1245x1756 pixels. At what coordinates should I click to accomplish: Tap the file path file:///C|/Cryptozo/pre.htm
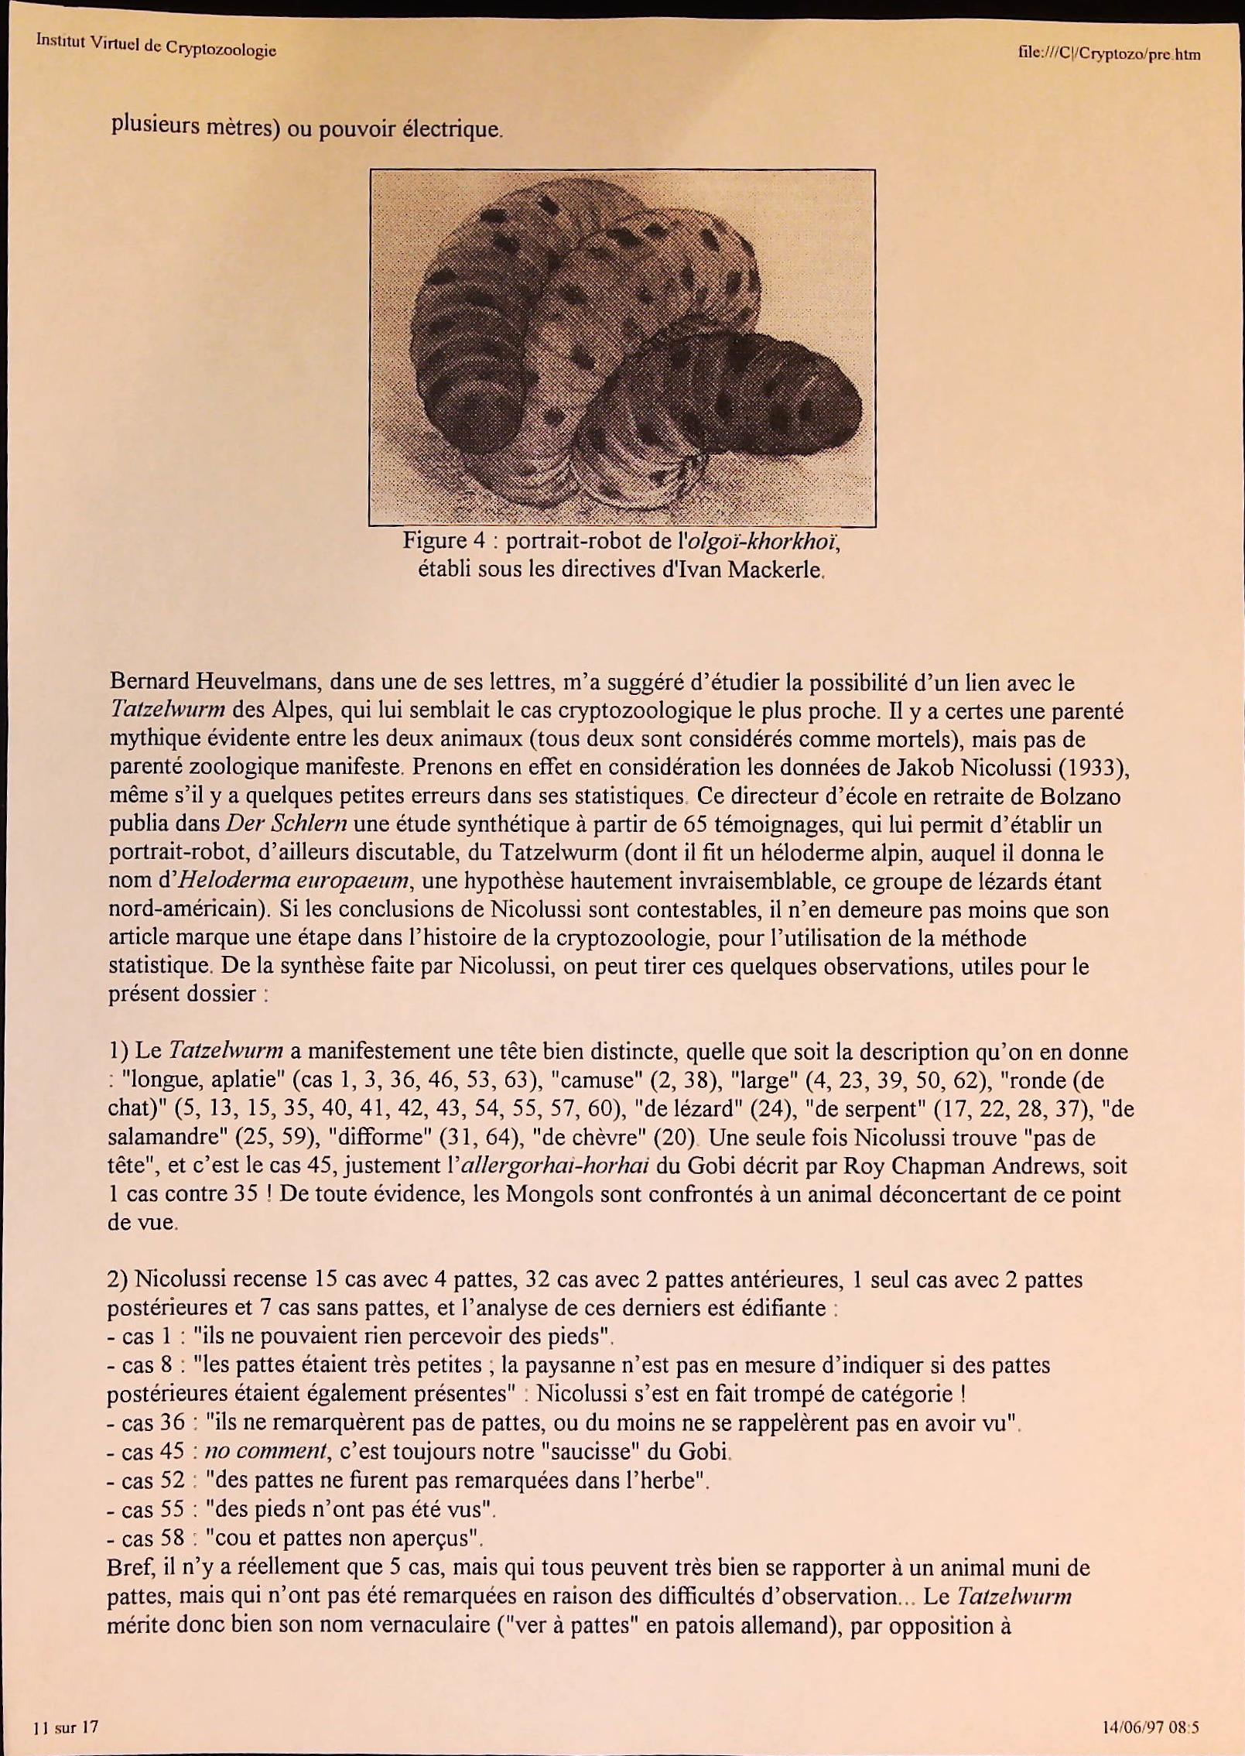pos(1110,53)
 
